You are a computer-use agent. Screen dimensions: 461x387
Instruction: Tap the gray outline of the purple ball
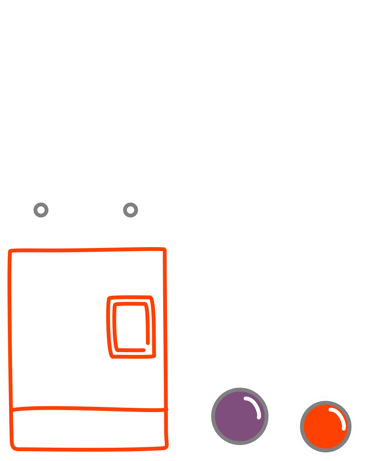[x=213, y=416]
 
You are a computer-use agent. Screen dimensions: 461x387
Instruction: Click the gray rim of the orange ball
[x=302, y=427]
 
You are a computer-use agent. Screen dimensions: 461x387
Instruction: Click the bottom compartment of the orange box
[x=88, y=429]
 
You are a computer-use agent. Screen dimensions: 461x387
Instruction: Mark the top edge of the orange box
[x=86, y=250]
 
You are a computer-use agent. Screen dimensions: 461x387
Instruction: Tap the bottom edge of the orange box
[x=88, y=449]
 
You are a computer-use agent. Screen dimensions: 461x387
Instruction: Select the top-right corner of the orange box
[x=164, y=249]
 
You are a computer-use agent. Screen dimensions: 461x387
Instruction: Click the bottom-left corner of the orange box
[x=13, y=447]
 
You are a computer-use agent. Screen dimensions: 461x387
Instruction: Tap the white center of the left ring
[x=41, y=210]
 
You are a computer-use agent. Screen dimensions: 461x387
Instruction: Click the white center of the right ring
[x=130, y=210]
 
